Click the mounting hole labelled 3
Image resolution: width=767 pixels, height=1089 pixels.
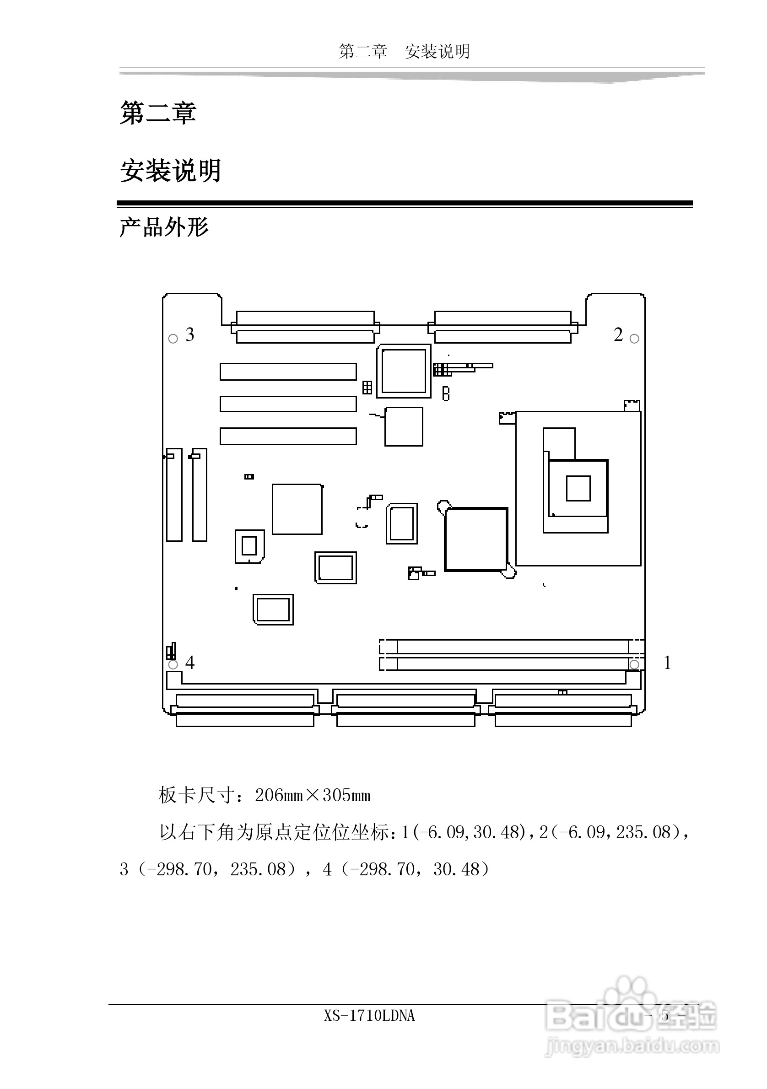[173, 339]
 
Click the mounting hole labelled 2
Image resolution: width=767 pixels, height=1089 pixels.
[634, 339]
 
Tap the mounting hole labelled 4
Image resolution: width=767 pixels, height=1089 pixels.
[173, 664]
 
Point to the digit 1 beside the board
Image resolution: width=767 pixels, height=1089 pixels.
[667, 663]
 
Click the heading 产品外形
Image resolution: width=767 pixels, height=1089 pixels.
[164, 228]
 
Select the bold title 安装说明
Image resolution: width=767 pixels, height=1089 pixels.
[170, 171]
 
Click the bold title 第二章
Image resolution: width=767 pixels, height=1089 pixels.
[158, 113]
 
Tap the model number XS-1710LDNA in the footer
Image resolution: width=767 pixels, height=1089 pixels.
[369, 1015]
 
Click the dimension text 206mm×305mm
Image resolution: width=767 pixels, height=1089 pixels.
[313, 795]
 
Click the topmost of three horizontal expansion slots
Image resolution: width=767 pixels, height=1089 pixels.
[288, 372]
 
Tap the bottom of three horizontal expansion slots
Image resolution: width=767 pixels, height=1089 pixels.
[288, 436]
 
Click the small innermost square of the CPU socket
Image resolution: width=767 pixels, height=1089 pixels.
[578, 488]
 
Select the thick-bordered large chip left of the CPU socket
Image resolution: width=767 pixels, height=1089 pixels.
[476, 539]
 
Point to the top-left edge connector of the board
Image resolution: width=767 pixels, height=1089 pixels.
[305, 327]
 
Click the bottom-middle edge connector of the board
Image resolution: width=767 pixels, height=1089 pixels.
[405, 710]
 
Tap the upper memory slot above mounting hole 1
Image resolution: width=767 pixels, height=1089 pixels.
[512, 646]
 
